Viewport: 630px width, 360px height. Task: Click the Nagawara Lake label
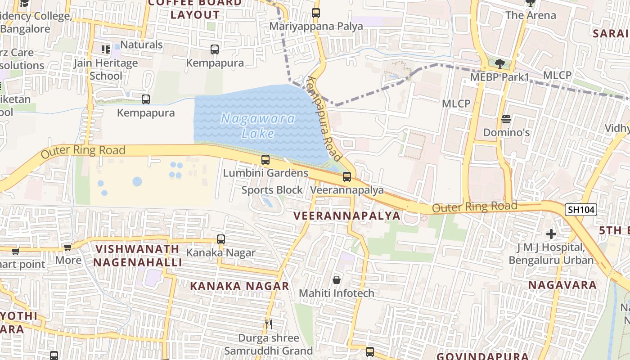[258, 126]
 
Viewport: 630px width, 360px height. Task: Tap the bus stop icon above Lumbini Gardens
[265, 159]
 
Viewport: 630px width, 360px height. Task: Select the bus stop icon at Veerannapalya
[347, 177]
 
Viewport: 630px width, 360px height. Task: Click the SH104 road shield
[581, 209]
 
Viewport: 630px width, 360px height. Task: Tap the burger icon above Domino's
[506, 119]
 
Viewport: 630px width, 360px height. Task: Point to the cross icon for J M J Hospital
[551, 234]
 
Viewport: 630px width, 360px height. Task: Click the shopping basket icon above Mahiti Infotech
[336, 280]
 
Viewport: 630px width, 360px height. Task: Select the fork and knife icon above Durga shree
[268, 324]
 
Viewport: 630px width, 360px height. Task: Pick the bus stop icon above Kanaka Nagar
[220, 239]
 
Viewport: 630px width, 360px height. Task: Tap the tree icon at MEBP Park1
[499, 63]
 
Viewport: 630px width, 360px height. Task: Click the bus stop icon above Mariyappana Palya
[316, 13]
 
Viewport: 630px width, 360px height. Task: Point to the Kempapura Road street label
[324, 119]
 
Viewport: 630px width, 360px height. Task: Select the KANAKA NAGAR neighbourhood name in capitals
[239, 286]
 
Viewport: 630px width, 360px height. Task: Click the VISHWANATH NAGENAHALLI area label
[137, 256]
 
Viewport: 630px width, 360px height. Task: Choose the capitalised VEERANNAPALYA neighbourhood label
[346, 216]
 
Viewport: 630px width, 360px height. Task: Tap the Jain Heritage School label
[106, 69]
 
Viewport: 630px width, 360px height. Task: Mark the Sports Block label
[272, 190]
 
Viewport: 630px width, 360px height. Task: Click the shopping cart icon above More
[67, 247]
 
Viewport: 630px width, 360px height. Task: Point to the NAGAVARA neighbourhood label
[562, 285]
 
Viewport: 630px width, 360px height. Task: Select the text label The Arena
[531, 15]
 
